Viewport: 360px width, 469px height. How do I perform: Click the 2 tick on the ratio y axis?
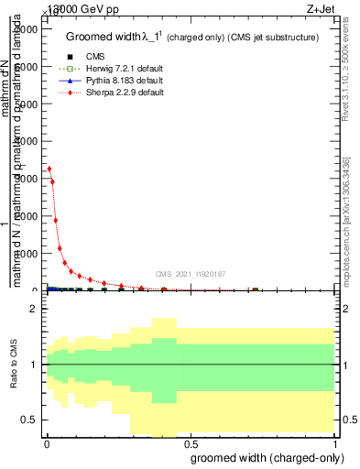tap(33, 310)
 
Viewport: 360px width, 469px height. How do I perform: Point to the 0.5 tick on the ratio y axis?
tap(29, 420)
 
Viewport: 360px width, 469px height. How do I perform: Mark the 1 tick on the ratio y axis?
tap(33, 365)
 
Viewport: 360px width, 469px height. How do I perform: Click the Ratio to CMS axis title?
tap(14, 365)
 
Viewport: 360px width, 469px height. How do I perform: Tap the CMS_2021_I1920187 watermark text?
tap(191, 274)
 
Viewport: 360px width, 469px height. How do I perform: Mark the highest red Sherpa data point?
tap(49, 169)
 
